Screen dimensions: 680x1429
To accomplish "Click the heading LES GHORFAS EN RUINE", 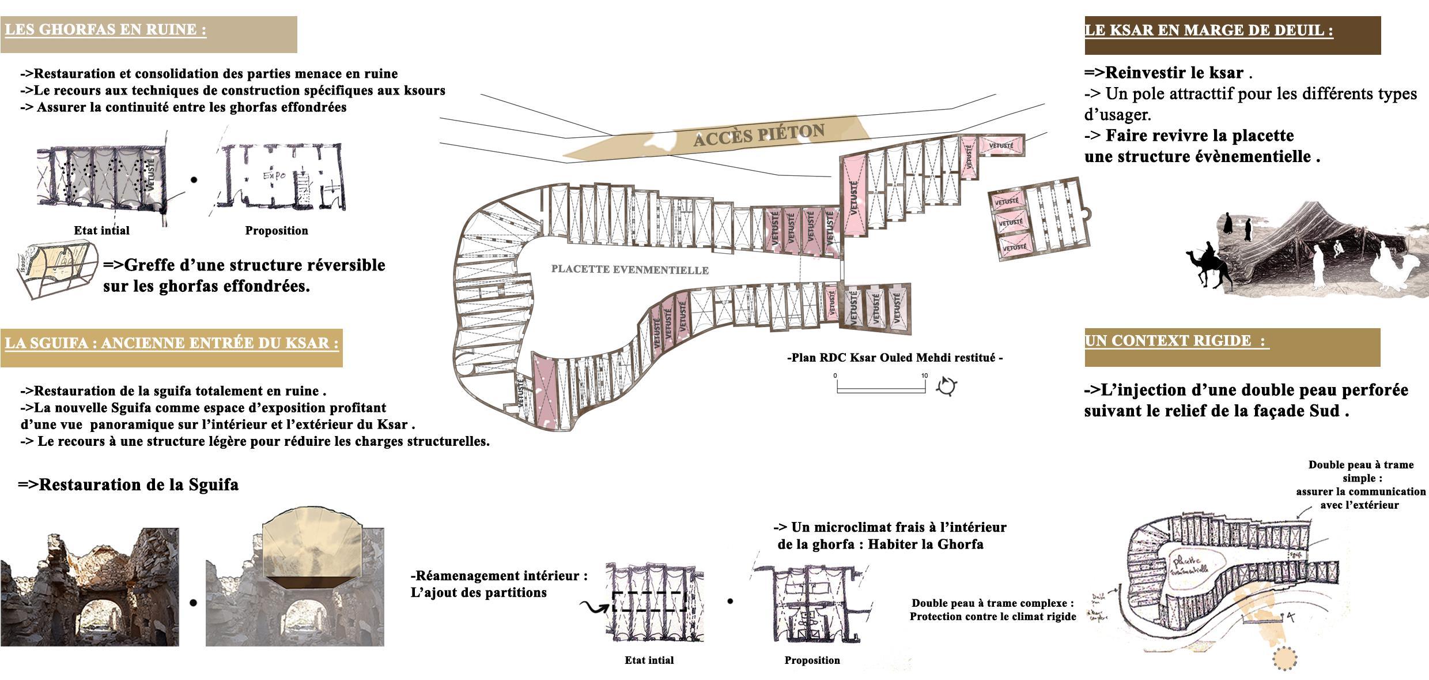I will coord(105,30).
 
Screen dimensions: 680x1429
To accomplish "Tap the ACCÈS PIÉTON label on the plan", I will coord(758,136).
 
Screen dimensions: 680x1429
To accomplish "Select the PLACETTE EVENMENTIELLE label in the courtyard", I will coord(629,269).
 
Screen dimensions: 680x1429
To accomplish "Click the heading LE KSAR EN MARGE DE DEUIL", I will coord(1208,31).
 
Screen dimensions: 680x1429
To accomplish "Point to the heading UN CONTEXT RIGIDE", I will coord(1175,341).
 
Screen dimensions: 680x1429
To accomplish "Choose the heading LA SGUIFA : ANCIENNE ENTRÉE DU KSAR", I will coord(171,343).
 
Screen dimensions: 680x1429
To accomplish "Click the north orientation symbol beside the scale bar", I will coord(946,386).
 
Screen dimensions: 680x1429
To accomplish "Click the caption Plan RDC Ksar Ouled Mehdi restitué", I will coord(895,358).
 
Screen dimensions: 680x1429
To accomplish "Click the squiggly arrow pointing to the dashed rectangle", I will coord(593,607).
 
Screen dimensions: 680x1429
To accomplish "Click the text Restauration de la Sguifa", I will coord(128,484).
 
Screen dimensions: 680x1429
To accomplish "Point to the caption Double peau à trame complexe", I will coord(992,603).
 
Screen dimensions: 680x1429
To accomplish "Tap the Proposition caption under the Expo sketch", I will coord(277,231).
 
